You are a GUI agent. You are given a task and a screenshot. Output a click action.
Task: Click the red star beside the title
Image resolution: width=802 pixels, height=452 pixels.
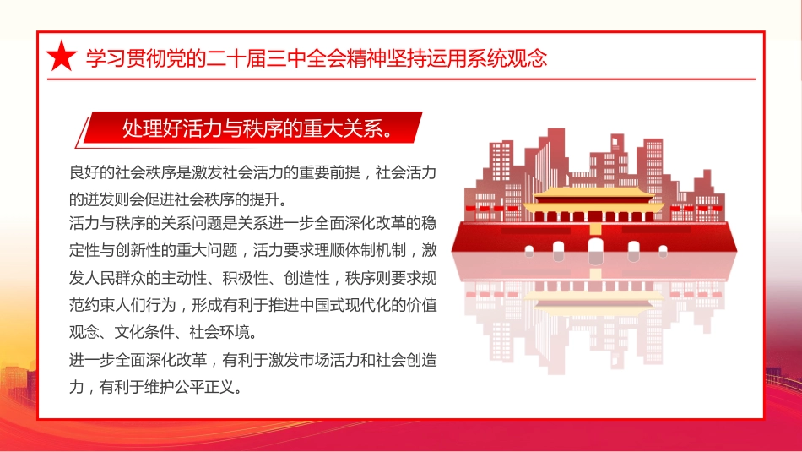[x=61, y=57]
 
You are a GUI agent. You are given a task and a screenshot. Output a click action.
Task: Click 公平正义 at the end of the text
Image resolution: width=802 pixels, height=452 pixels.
[x=215, y=388]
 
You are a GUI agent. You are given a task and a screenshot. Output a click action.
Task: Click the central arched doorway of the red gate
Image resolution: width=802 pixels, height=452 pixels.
[x=596, y=249]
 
